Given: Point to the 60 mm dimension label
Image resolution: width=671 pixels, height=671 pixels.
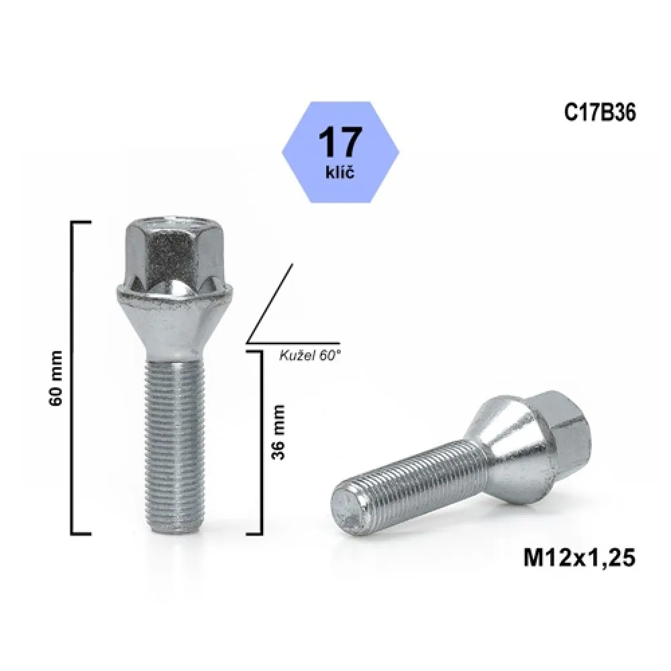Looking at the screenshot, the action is point(56,378).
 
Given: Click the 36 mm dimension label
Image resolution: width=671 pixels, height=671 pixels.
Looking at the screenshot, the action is point(278,432).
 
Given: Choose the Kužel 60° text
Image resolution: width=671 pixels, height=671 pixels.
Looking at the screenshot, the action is point(310,356).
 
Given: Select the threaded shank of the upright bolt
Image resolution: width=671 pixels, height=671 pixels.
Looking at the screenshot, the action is point(174,445).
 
